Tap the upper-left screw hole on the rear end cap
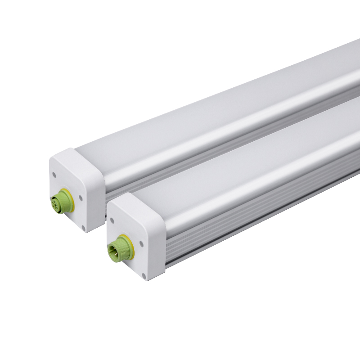[54, 174]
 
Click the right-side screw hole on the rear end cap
[81, 197]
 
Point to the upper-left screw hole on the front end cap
[111, 220]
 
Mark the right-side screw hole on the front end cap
[141, 243]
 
